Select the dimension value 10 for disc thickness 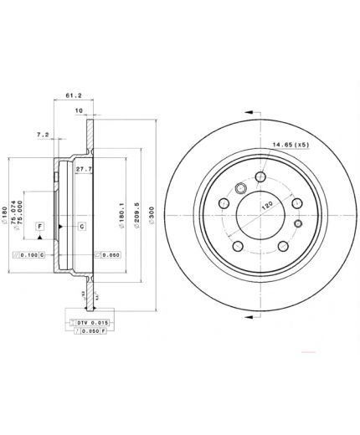77,110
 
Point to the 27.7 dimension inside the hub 83,170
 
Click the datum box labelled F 39,227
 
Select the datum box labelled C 82,227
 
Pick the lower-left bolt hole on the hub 237,245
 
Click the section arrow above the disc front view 249,110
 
